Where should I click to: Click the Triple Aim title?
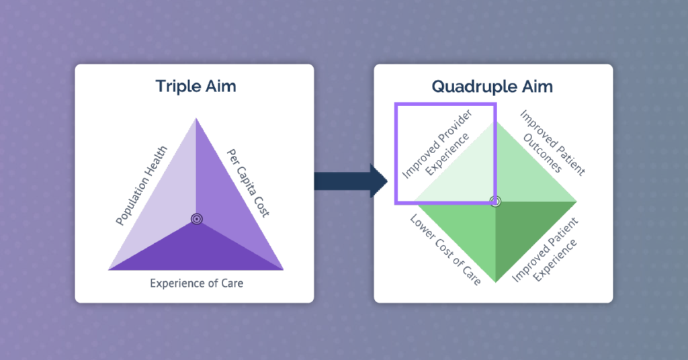(196, 87)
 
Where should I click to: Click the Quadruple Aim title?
(492, 87)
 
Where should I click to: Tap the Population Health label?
(141, 185)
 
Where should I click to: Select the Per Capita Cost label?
(248, 183)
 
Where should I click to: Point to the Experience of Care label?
(197, 283)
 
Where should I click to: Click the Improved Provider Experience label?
(437, 144)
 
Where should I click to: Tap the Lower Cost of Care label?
(445, 250)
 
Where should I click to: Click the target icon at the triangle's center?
(197, 219)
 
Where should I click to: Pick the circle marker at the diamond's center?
(495, 201)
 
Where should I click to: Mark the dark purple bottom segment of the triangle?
(196, 252)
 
